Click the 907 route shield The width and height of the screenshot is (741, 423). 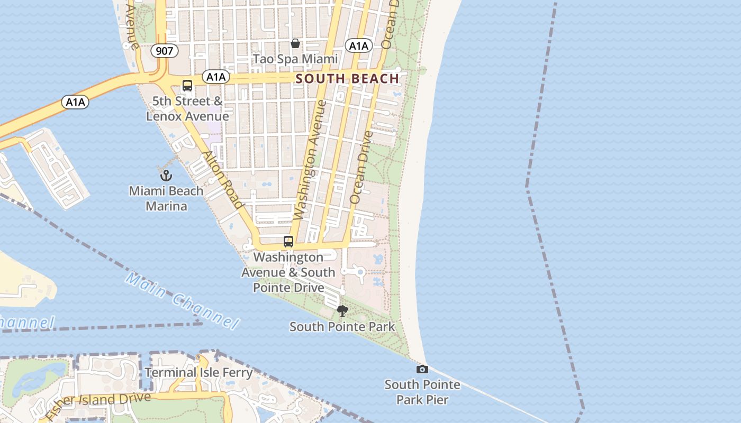pos(164,51)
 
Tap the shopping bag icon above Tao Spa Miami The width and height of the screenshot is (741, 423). pos(295,43)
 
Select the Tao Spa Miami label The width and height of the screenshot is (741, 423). pos(295,59)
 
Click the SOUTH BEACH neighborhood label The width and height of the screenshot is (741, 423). pos(347,79)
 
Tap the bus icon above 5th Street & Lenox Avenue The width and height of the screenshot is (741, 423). pos(187,85)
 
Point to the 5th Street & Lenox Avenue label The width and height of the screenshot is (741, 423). pos(187,108)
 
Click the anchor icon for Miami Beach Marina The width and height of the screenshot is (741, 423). pos(166,175)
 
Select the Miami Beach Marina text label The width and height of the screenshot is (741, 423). pos(166,198)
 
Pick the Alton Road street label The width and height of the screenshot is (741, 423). pos(223,179)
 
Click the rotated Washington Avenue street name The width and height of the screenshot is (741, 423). pos(309,160)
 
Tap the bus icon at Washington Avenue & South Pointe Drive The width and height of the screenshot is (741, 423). pos(288,242)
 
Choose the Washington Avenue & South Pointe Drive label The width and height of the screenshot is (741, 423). pos(288,272)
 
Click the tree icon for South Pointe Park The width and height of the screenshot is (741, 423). pos(342,311)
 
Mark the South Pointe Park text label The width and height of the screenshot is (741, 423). pos(342,327)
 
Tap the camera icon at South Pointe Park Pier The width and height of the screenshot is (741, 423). pos(422,369)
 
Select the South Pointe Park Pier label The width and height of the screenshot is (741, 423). pos(422,392)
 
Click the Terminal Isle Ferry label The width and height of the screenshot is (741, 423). pos(198,372)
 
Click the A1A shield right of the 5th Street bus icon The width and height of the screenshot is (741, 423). pos(216,77)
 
